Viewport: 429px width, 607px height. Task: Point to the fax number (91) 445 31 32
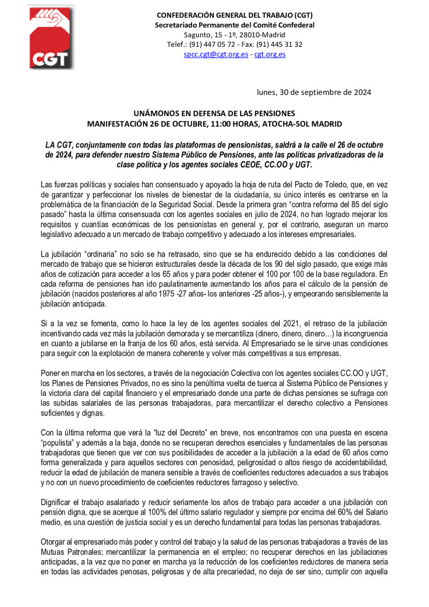[x=280, y=44]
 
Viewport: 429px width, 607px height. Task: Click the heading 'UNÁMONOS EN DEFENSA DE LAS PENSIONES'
[x=214, y=113]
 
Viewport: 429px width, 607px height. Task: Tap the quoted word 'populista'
[x=60, y=442]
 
